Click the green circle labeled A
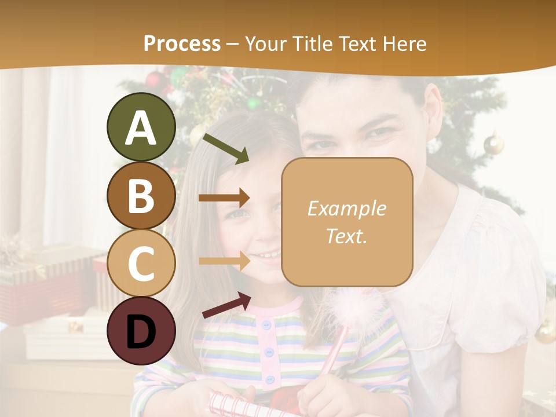point(141,127)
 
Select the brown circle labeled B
point(141,196)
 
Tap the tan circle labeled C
point(141,264)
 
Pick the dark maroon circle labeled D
point(141,331)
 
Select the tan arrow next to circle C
point(225,261)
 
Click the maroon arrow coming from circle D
point(226,305)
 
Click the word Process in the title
point(182,43)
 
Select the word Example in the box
point(346,209)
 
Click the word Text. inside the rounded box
point(346,236)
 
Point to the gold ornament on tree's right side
point(493,144)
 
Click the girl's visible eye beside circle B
point(239,213)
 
